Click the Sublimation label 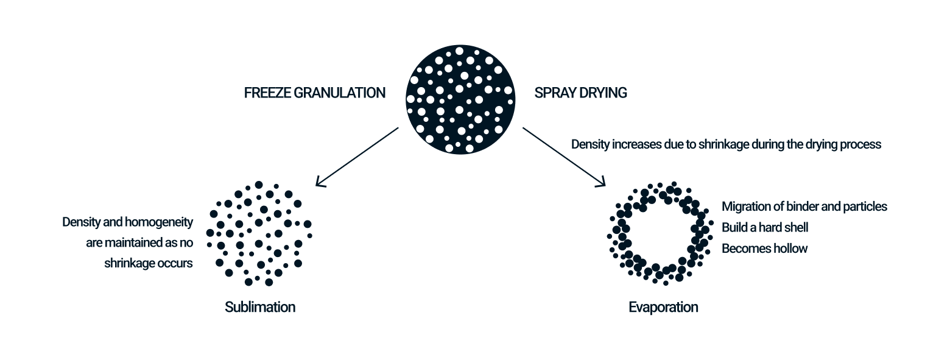[260, 307]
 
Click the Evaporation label [663, 307]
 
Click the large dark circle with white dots [460, 99]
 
